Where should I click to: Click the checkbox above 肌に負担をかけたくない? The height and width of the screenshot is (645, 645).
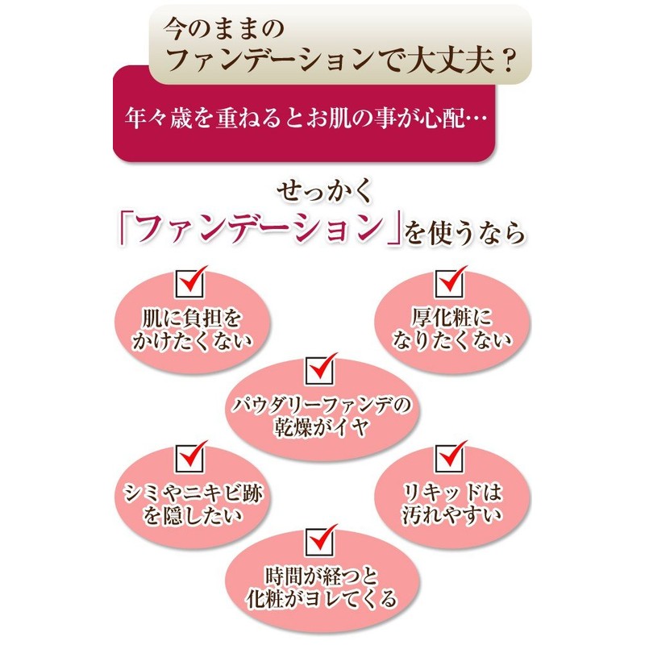click(x=190, y=284)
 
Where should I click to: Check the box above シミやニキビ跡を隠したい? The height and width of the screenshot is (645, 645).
click(x=190, y=458)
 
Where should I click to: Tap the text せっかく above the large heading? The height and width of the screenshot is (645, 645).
click(x=321, y=192)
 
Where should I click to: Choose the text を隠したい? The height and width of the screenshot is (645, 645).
click(x=193, y=514)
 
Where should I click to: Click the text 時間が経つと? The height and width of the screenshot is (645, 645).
click(x=319, y=577)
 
